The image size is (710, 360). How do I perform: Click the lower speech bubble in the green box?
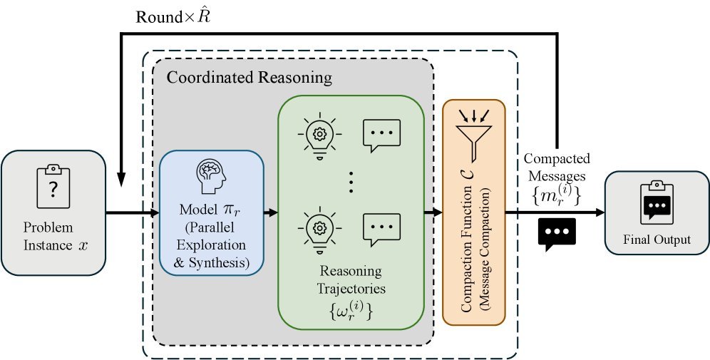(x=381, y=230)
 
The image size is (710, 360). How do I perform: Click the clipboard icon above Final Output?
(x=657, y=202)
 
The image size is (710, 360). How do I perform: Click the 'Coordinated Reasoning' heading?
(x=249, y=76)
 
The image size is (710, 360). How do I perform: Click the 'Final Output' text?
(x=657, y=240)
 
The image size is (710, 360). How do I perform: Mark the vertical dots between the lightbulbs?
(x=351, y=181)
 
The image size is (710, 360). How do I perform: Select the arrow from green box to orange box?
(x=433, y=212)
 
